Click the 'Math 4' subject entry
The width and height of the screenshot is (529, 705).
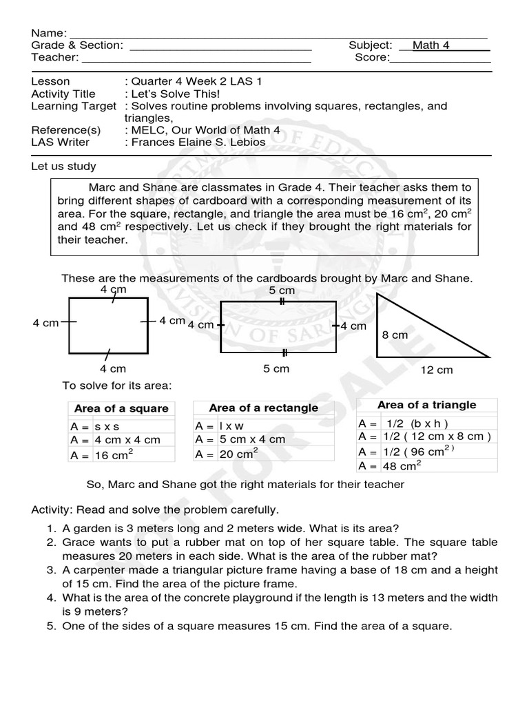[431, 45]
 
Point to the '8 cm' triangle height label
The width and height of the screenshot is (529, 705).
[395, 335]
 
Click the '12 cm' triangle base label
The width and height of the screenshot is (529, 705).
[437, 370]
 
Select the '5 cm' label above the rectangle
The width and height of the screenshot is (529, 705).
[281, 291]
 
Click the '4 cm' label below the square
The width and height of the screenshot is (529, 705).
[112, 368]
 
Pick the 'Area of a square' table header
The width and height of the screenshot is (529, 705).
[121, 408]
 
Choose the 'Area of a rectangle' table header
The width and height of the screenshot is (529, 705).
[263, 408]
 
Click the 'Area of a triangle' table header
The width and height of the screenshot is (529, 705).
[426, 405]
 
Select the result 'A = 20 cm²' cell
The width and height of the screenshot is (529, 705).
[227, 454]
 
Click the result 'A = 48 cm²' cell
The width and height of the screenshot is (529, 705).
[390, 465]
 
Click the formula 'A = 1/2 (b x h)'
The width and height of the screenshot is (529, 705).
[403, 423]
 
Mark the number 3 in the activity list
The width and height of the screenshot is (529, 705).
[51, 570]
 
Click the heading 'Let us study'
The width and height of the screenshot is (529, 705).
[63, 166]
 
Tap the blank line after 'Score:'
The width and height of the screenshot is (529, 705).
[440, 58]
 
